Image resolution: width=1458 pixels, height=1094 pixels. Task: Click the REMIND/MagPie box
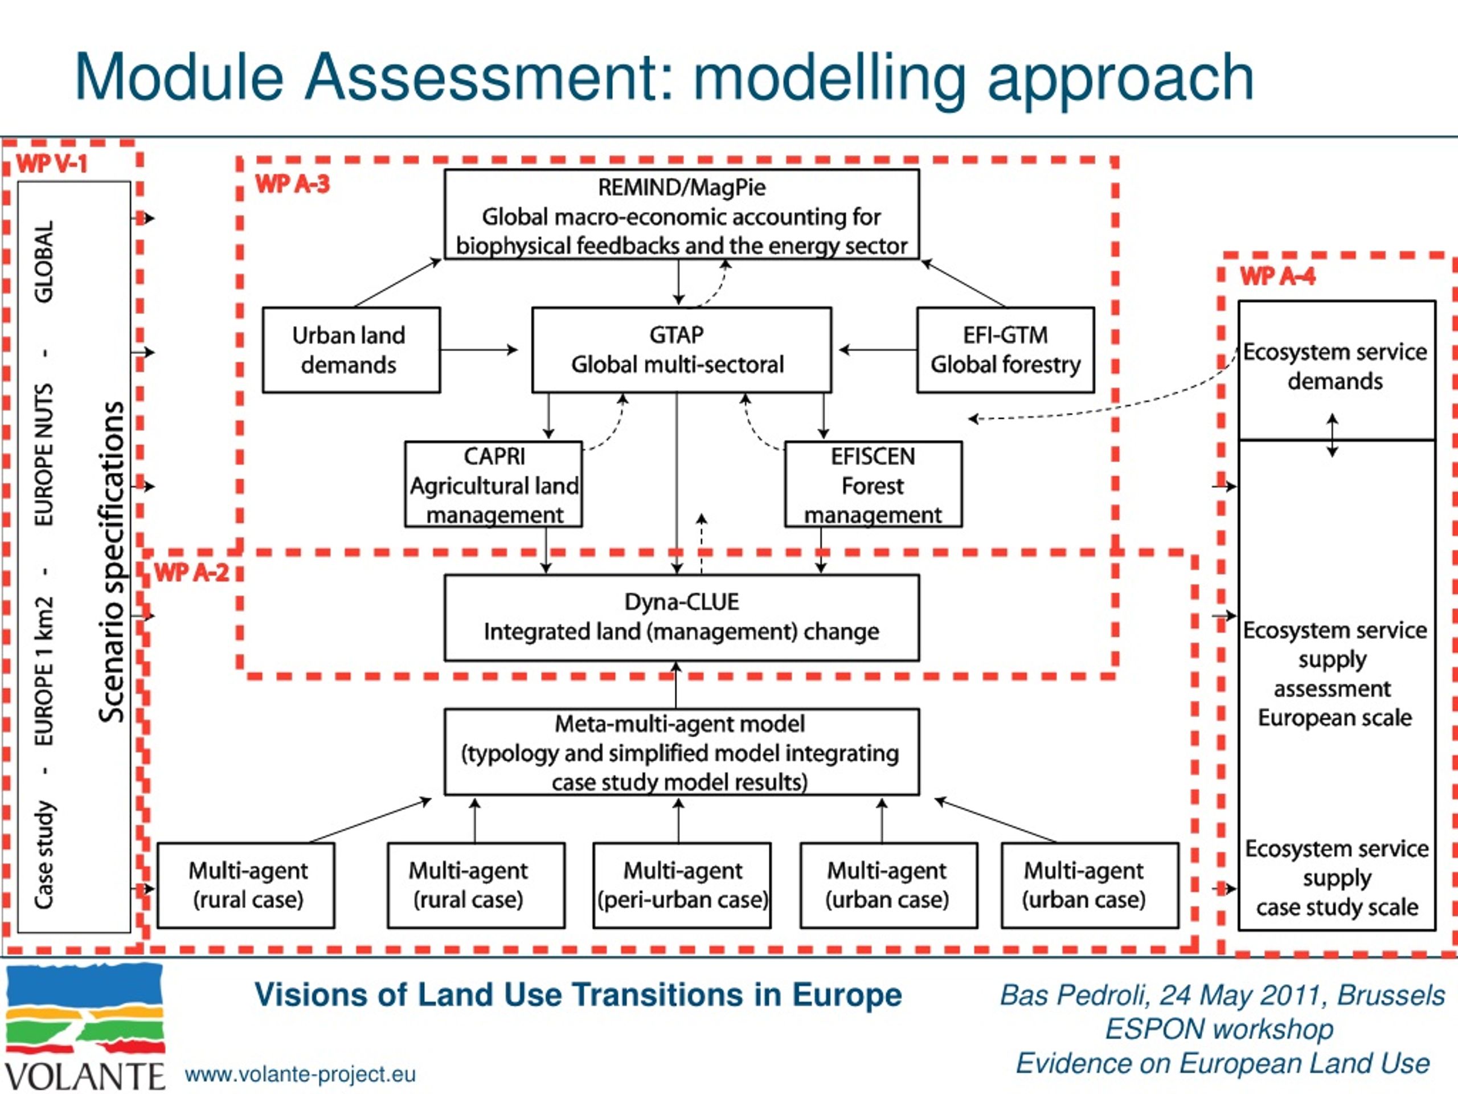(x=682, y=214)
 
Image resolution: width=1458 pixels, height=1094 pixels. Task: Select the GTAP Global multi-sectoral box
(x=682, y=349)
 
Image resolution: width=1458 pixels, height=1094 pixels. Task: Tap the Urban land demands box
(x=351, y=349)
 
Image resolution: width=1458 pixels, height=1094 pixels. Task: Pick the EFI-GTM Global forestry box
(x=1005, y=349)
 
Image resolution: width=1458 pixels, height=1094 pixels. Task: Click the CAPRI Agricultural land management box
(x=493, y=484)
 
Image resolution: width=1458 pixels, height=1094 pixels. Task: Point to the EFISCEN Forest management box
(x=873, y=484)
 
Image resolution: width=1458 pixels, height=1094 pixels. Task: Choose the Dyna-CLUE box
(x=682, y=618)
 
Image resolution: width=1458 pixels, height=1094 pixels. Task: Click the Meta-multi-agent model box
(x=682, y=752)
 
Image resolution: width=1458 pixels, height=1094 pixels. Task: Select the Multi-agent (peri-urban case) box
(x=682, y=885)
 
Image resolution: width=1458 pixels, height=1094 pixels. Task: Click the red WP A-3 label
(x=292, y=184)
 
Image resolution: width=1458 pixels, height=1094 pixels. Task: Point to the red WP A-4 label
(x=1277, y=276)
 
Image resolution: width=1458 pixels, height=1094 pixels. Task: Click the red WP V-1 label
(x=51, y=163)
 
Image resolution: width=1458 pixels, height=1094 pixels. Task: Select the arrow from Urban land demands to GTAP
(x=479, y=349)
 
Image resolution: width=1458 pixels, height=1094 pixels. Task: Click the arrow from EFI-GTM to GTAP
(x=877, y=349)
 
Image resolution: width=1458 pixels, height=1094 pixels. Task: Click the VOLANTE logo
(x=84, y=1027)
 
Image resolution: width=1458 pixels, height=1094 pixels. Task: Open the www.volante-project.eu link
(x=301, y=1074)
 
